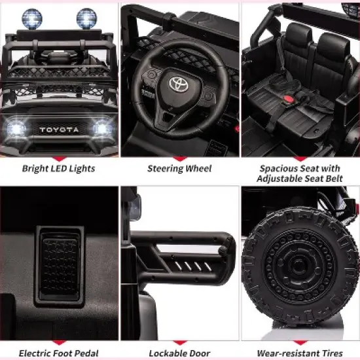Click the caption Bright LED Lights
point(60,169)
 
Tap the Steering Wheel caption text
point(179,169)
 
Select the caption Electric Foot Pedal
point(59,353)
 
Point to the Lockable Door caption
point(179,353)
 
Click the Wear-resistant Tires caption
point(300,353)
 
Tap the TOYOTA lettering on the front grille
point(59,130)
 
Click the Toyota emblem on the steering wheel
point(179,84)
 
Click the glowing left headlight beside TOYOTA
point(16,128)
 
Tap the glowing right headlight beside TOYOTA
point(102,128)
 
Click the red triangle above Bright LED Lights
point(60,158)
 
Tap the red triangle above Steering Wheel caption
point(179,158)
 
